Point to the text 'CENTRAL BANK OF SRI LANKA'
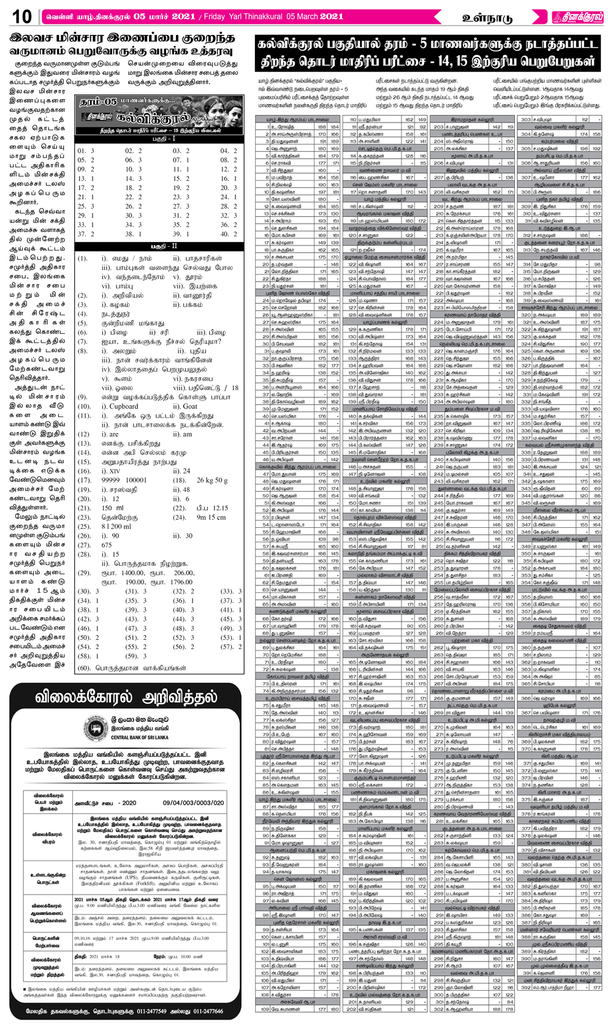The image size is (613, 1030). click(141, 738)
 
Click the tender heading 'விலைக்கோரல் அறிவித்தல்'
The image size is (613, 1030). click(126, 697)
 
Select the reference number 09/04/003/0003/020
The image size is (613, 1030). click(193, 802)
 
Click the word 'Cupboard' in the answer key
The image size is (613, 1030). click(124, 406)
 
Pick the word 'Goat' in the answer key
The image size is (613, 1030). click(190, 406)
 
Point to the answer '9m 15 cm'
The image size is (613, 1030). click(211, 517)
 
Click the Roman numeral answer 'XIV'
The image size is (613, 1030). click(115, 472)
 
